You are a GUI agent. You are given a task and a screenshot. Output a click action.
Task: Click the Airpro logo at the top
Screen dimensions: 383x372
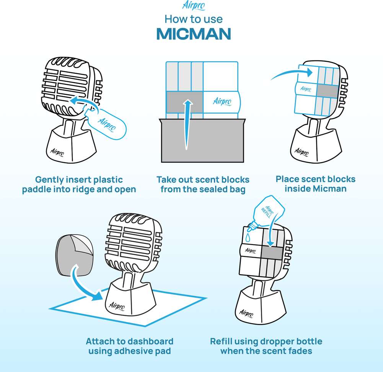(x=194, y=6)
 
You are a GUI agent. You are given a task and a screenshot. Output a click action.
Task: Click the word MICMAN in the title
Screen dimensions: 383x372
(x=194, y=34)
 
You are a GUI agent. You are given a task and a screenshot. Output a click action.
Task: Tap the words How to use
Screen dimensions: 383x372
(x=194, y=19)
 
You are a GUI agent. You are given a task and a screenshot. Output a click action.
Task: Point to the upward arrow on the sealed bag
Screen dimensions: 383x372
(x=187, y=124)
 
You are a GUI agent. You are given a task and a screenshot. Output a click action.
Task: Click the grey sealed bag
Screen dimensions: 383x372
(x=202, y=140)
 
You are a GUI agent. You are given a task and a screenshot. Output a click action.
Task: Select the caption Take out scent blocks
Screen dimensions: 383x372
(x=203, y=179)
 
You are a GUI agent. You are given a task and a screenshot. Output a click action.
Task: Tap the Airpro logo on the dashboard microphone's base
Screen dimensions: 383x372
(x=117, y=306)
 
